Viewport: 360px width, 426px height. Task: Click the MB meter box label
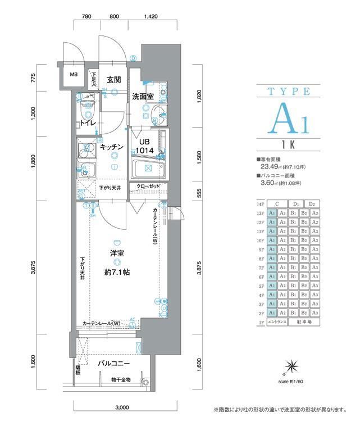[x=73, y=74]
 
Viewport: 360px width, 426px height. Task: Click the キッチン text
[x=112, y=147]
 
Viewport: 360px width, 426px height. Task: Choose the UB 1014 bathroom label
[x=145, y=147]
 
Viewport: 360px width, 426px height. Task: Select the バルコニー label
[x=114, y=364]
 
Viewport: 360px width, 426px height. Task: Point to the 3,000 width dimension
[x=123, y=406]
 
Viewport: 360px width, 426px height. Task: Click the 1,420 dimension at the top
[x=150, y=17]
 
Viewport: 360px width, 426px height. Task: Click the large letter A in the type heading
[x=286, y=119]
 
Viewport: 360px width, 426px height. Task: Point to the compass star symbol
[x=291, y=366]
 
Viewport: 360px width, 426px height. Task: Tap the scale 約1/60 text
[x=290, y=381]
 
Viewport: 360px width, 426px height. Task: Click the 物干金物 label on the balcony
[x=121, y=379]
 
